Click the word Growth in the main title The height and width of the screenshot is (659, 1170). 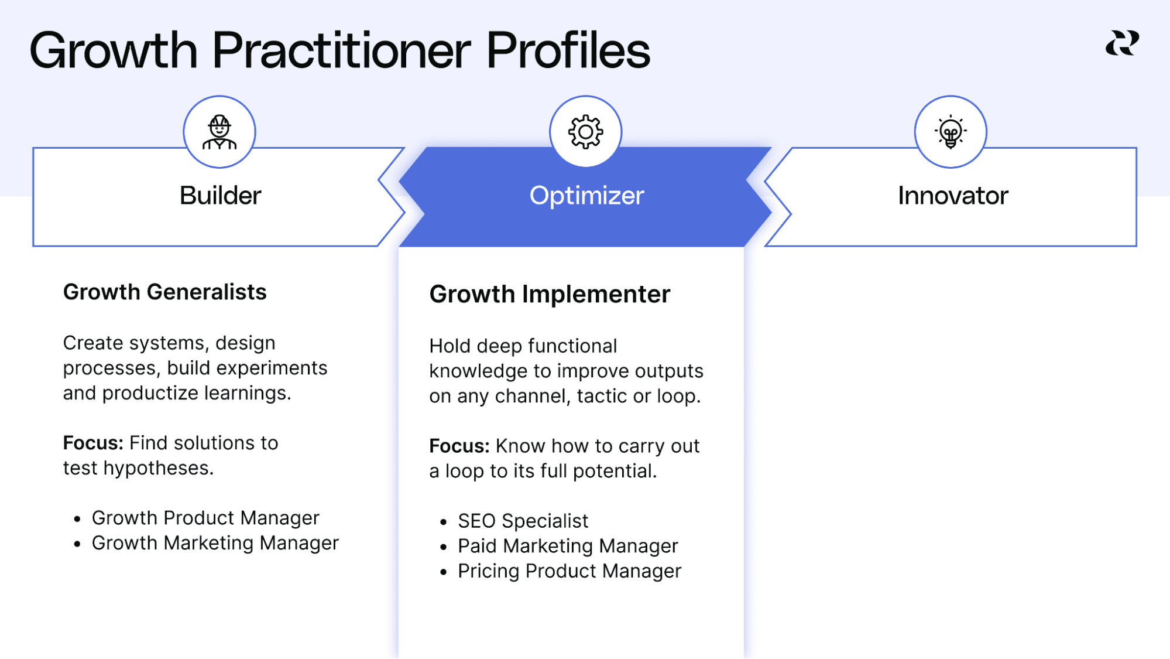(114, 50)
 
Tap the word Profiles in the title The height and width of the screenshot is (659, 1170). (568, 50)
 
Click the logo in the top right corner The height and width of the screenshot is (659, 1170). (1122, 43)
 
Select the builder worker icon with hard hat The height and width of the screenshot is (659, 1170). (219, 132)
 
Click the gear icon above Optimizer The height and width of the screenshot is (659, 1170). (585, 132)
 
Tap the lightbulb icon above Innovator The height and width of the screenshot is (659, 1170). (951, 132)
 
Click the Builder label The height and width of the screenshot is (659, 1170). (220, 196)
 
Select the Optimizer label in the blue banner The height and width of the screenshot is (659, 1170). (586, 196)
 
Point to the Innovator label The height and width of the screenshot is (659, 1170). (953, 196)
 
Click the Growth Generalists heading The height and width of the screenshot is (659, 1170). (164, 292)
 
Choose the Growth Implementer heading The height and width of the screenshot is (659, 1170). (550, 294)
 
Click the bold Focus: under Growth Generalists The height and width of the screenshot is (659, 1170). (93, 443)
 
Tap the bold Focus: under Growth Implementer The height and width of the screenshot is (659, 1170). (459, 446)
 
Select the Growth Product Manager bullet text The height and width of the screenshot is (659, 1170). (205, 518)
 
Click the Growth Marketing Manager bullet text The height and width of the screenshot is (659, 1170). (215, 543)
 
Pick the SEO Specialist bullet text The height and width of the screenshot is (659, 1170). (523, 521)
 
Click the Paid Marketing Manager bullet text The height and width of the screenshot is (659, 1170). (568, 546)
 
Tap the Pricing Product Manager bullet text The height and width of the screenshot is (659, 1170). (569, 571)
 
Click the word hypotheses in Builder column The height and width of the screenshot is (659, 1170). (158, 469)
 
